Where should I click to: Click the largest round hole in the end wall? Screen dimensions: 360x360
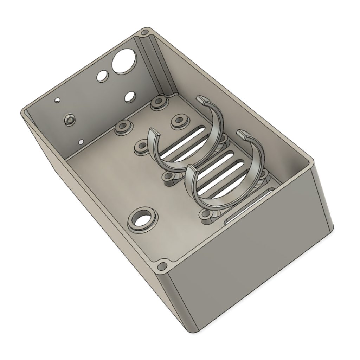[x=123, y=61]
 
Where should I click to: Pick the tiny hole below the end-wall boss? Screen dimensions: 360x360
[x=81, y=142]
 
